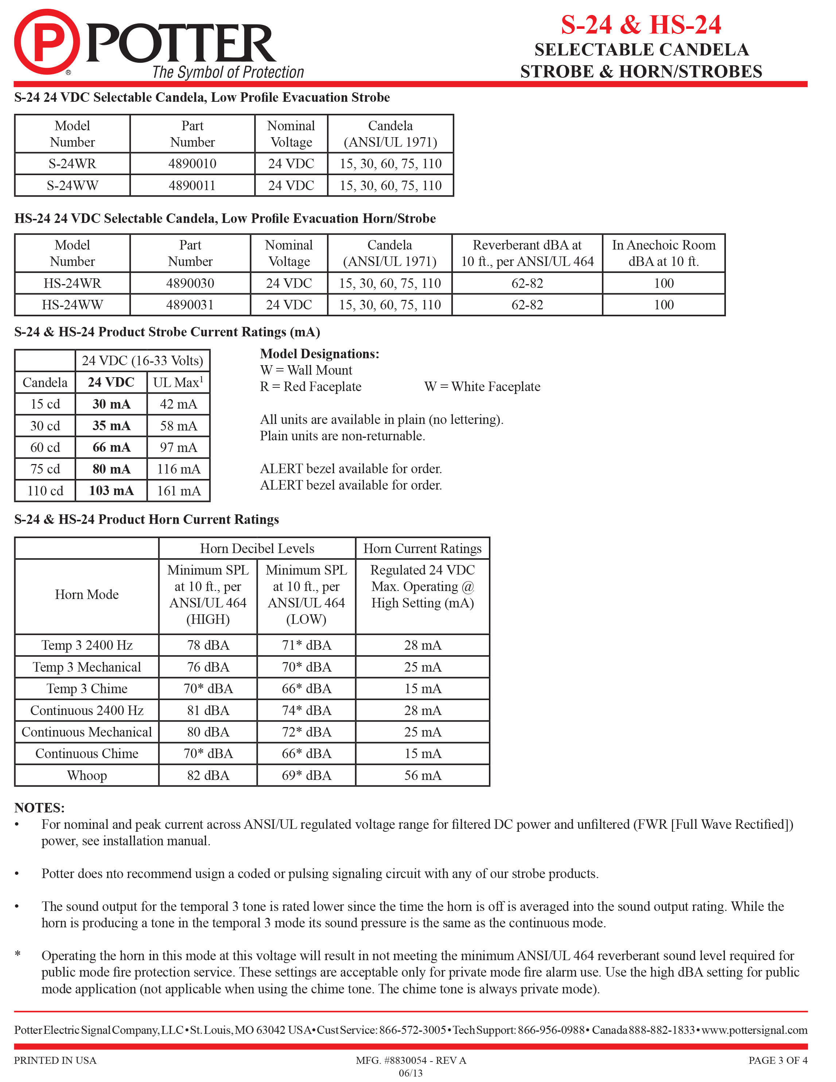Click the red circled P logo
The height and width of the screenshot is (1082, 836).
[46, 42]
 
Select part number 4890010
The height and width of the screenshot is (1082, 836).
[192, 163]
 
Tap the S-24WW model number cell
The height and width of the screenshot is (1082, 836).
[72, 185]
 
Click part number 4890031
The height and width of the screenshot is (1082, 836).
[190, 305]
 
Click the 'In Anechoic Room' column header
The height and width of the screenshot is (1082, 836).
[664, 253]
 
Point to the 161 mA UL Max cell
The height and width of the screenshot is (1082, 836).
[179, 490]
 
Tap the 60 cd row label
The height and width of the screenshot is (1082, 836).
[45, 447]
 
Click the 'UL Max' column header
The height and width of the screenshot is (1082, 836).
[178, 382]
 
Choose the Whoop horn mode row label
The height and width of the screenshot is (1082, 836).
[87, 775]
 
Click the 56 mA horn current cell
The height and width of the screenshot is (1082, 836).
[423, 775]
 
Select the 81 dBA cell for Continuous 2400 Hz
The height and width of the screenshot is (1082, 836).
[208, 710]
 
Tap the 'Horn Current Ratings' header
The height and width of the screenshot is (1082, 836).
[423, 548]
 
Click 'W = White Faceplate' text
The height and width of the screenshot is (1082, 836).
[482, 386]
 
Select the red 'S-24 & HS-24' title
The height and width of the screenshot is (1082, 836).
[641, 25]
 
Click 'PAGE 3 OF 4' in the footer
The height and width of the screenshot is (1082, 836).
[778, 1060]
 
